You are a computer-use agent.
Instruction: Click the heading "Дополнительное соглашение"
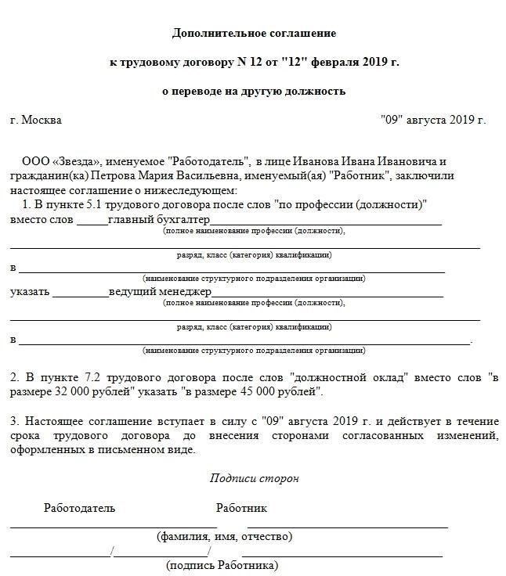click(x=253, y=34)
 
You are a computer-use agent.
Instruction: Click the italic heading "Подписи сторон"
click(x=254, y=478)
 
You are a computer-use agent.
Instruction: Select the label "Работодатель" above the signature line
click(x=79, y=508)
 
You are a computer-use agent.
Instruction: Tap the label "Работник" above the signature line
click(x=241, y=508)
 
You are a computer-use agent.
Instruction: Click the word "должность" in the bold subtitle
click(x=316, y=91)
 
